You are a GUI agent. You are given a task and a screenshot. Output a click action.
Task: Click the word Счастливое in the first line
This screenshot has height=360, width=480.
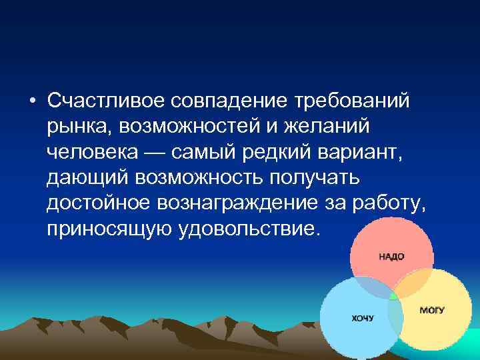[107, 101]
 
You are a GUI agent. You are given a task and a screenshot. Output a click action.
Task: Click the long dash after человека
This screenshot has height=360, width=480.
[155, 152]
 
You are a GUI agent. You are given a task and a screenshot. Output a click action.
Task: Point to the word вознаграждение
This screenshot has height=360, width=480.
[247, 203]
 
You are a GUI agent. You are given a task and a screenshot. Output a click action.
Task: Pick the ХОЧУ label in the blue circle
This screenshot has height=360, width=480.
[363, 318]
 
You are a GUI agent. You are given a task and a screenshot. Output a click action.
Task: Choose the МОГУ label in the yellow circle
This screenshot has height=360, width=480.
[432, 311]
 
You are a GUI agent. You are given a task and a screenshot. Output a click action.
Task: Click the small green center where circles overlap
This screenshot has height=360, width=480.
[393, 294]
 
